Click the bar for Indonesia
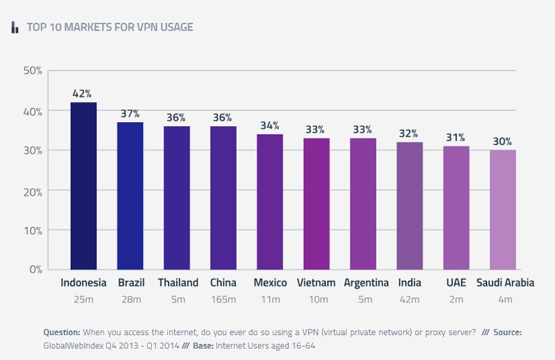(x=83, y=186)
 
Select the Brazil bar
(x=130, y=196)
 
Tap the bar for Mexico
(x=270, y=201)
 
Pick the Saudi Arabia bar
(x=503, y=209)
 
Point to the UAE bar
(x=456, y=207)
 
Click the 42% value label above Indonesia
(x=83, y=94)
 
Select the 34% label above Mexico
(x=270, y=126)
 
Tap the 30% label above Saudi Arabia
(x=503, y=142)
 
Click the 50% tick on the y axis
(x=33, y=71)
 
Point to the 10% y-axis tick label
(x=33, y=230)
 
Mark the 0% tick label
(x=35, y=269)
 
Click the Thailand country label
(x=178, y=283)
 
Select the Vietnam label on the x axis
(x=316, y=283)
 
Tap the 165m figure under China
(x=223, y=300)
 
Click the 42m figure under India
(x=410, y=300)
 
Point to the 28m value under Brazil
(x=130, y=300)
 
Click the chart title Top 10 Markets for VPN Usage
(x=110, y=28)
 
